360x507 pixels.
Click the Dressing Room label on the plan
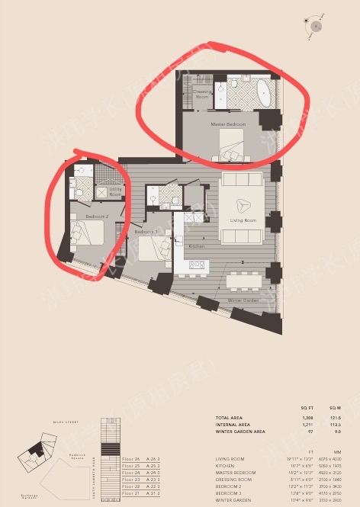[201, 95]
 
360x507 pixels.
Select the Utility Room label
[115, 192]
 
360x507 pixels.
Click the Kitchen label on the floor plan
[197, 247]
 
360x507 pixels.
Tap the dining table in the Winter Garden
[243, 280]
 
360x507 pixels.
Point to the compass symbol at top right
[315, 26]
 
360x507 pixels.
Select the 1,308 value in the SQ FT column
[284, 419]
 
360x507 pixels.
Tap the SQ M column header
[313, 408]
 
